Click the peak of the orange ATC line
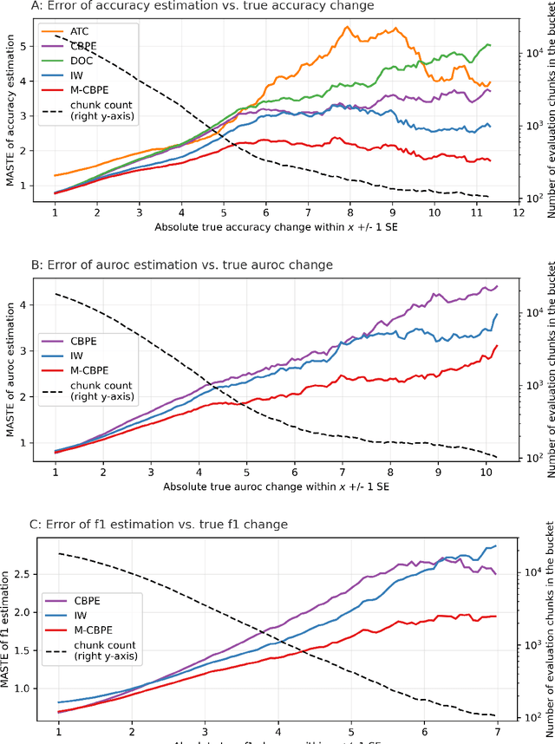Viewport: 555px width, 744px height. [x=348, y=27]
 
